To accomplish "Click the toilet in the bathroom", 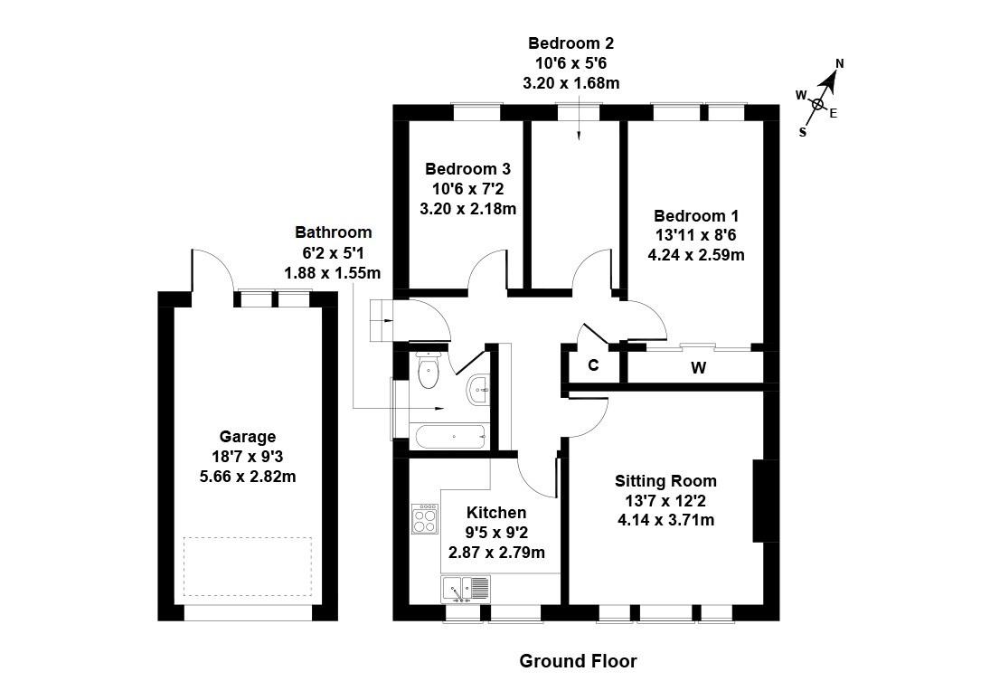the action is point(428,368).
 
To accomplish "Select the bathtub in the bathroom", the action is point(449,436).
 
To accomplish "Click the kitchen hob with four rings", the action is point(424,518).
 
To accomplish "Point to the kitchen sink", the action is point(467,589).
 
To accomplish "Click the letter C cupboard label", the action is point(593,365).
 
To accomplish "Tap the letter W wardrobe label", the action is point(697,367).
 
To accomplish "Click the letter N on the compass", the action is point(839,63).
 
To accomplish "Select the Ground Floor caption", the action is point(578,661).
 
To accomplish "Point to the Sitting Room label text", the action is point(665,480).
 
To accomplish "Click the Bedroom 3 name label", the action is point(467,169).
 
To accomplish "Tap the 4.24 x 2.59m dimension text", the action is point(696,254).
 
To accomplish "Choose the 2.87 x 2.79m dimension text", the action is point(496,551).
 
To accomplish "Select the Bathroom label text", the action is point(333,232).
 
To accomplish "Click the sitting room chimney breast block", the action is point(764,501).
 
